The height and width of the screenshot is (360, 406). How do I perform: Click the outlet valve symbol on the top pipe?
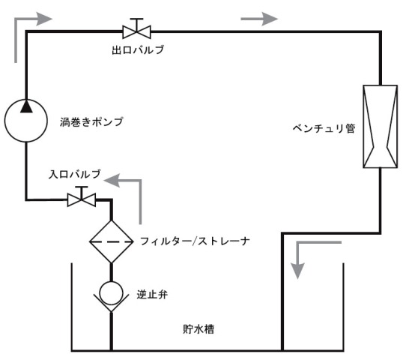point(137,31)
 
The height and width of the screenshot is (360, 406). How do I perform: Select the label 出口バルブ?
point(138,50)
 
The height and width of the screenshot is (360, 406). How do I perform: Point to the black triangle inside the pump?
point(26,106)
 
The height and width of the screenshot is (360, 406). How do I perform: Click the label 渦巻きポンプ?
point(91,121)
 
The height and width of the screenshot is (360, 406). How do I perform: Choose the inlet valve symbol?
point(82,199)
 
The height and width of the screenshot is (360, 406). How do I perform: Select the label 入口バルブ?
point(75,174)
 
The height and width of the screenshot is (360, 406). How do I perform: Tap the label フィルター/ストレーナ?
point(195,241)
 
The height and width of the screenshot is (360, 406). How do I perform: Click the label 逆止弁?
point(152,295)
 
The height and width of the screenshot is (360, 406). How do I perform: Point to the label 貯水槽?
point(199,329)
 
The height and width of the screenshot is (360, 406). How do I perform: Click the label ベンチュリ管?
point(324,128)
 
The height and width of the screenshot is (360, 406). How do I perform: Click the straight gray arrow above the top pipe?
point(259,19)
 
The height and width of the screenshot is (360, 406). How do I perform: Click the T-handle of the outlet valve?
point(137,19)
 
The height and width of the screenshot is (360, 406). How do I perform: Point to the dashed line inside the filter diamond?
point(112,241)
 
